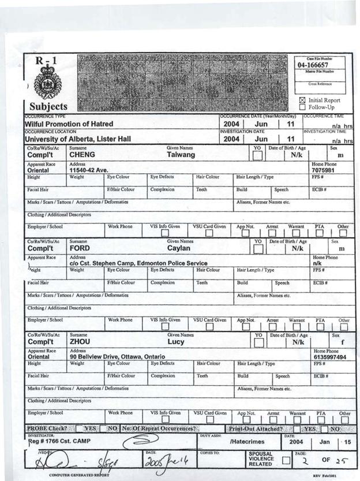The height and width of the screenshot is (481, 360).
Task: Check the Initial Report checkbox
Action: (x=302, y=100)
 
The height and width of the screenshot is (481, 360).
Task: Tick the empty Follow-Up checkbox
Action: (x=302, y=107)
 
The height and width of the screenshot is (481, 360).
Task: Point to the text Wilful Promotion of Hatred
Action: (x=68, y=124)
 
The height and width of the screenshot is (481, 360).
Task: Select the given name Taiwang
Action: (x=180, y=155)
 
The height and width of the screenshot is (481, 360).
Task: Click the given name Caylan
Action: (x=179, y=248)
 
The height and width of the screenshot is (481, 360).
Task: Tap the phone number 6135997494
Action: (x=329, y=357)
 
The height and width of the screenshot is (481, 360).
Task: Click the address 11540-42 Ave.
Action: (x=92, y=170)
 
